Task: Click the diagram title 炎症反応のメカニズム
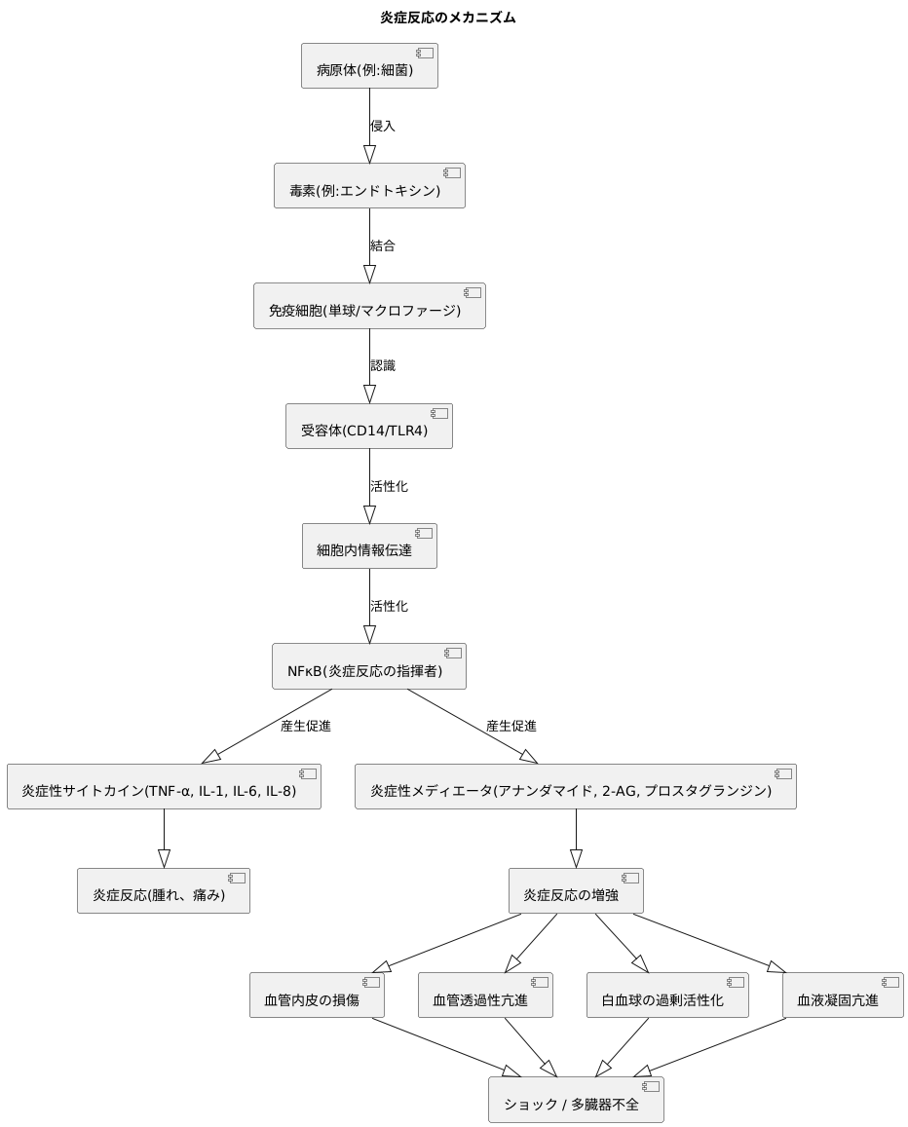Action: (x=447, y=18)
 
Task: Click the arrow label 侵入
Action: (x=383, y=127)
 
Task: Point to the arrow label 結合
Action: (x=383, y=246)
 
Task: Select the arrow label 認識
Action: (x=383, y=366)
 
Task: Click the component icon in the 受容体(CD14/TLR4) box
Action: (x=438, y=413)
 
